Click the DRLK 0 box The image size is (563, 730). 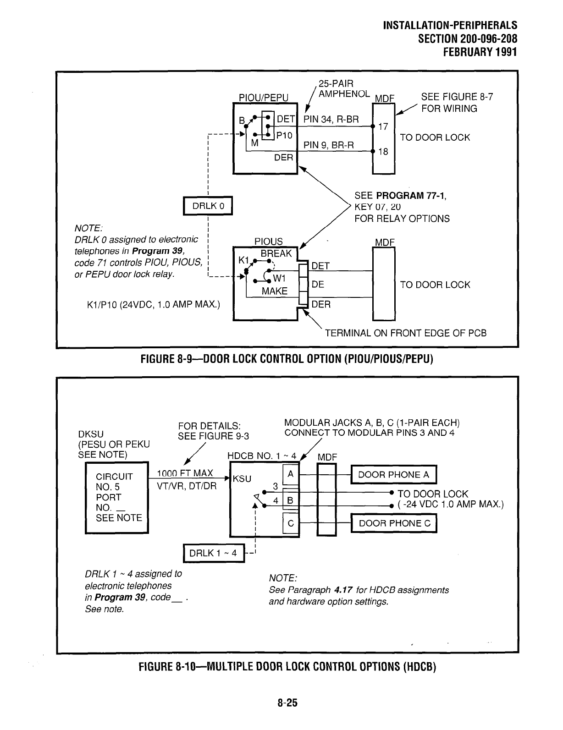[x=208, y=206]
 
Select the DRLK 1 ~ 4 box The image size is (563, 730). [x=214, y=553]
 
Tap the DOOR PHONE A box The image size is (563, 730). [x=394, y=475]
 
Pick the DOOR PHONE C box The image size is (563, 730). [x=394, y=523]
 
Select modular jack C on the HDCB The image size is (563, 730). [x=290, y=523]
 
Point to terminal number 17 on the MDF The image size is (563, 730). [x=383, y=126]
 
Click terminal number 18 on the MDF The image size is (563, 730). [x=383, y=151]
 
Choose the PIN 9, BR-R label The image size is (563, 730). [x=329, y=145]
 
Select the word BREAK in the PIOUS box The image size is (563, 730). [x=276, y=254]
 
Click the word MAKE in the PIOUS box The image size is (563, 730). [x=274, y=291]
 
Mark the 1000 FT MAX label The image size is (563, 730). [x=185, y=473]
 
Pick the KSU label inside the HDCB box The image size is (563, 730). [x=242, y=479]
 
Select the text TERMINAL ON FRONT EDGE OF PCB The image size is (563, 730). [x=405, y=333]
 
